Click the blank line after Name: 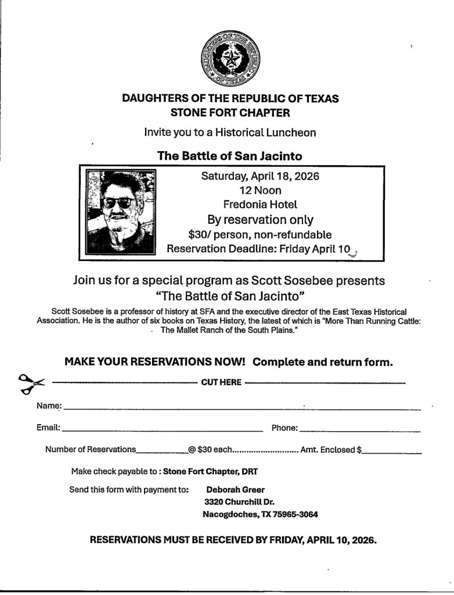tap(242, 408)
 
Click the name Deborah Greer tap(235, 489)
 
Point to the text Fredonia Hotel tap(260, 204)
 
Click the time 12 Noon tap(260, 190)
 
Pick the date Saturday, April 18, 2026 tap(260, 176)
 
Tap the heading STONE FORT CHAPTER tap(230, 112)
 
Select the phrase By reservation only tap(260, 220)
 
